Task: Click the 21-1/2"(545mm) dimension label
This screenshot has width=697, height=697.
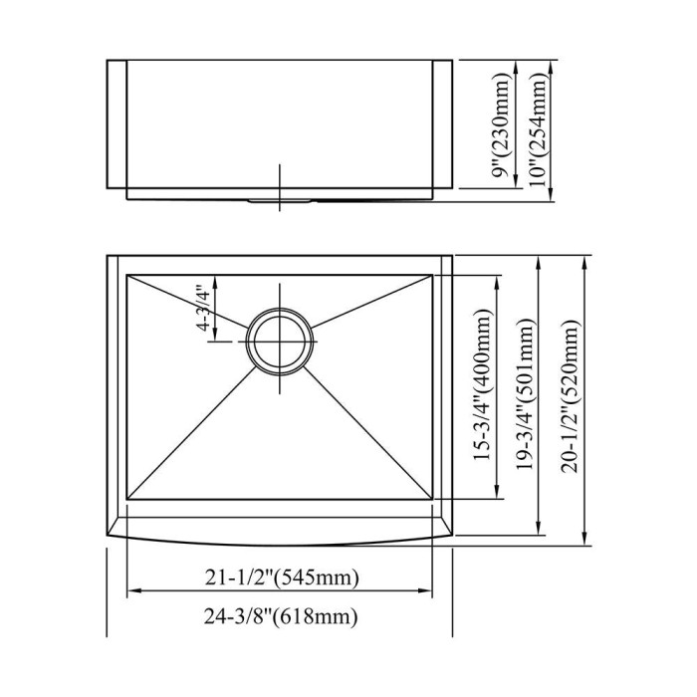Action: point(282,578)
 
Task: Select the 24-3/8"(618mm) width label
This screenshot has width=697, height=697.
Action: point(281,616)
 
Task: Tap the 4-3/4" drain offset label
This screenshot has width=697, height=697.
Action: point(203,310)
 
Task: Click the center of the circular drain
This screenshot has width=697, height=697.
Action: point(279,342)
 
